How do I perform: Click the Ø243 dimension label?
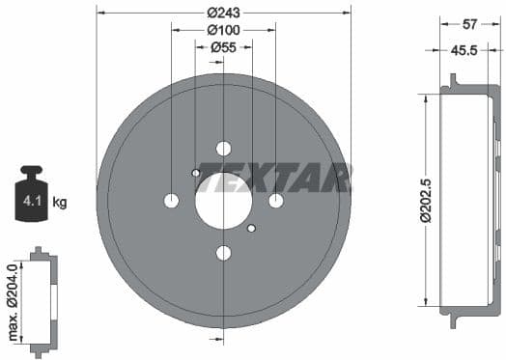coord(224,13)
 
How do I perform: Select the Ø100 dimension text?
coord(224,29)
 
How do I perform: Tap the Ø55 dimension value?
coord(224,46)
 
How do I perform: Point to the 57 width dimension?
coord(468,24)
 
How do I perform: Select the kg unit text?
coord(59,203)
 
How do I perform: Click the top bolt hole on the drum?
coord(224,149)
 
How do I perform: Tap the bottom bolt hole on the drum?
coord(224,253)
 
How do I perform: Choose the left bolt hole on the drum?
coord(172,201)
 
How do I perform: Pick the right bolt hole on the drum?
coord(276,201)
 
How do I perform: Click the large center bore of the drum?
coord(224,201)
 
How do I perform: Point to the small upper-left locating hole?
coord(196,174)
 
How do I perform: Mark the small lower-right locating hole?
coord(251,229)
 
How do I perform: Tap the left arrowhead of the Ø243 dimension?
coord(100,13)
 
